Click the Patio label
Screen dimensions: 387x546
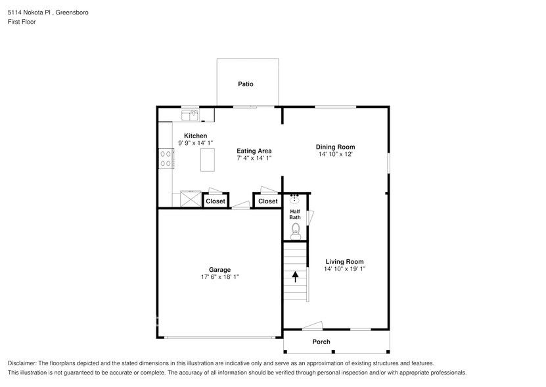(x=246, y=84)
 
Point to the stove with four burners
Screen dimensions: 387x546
(x=165, y=158)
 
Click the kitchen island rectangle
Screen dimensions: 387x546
(x=208, y=159)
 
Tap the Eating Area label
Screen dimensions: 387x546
(x=254, y=151)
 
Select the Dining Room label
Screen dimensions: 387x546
(x=335, y=147)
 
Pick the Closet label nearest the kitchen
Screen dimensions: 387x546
(x=215, y=201)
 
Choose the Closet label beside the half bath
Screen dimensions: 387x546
(x=268, y=201)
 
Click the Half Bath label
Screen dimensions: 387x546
(x=295, y=214)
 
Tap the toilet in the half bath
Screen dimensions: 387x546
(x=296, y=230)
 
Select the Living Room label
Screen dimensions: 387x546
(x=344, y=261)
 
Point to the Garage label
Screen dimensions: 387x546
(x=219, y=269)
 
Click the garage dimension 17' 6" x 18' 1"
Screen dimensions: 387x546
(x=219, y=277)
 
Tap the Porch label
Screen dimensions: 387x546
(x=321, y=342)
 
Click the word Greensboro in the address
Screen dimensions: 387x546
(x=72, y=12)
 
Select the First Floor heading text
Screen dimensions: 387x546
(x=22, y=22)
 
